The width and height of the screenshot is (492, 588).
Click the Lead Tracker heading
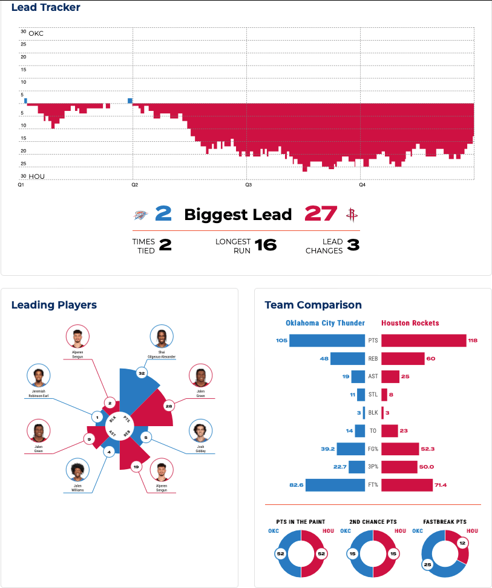coord(45,8)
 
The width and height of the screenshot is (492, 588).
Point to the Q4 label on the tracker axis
coord(361,184)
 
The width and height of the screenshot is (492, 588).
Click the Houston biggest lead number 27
coord(321,214)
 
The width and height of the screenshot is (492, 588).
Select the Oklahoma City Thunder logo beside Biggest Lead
coord(140,215)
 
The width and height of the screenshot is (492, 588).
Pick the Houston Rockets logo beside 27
coord(350,214)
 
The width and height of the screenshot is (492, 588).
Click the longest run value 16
coord(265,245)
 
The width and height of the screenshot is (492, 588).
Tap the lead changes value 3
coord(353,245)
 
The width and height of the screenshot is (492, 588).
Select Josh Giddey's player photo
coord(202,431)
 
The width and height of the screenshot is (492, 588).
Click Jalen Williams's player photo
coord(77,470)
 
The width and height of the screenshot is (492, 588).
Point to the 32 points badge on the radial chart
coord(142,373)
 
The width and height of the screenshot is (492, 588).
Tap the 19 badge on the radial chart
coord(136,467)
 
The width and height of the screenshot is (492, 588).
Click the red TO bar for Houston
coord(390,430)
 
